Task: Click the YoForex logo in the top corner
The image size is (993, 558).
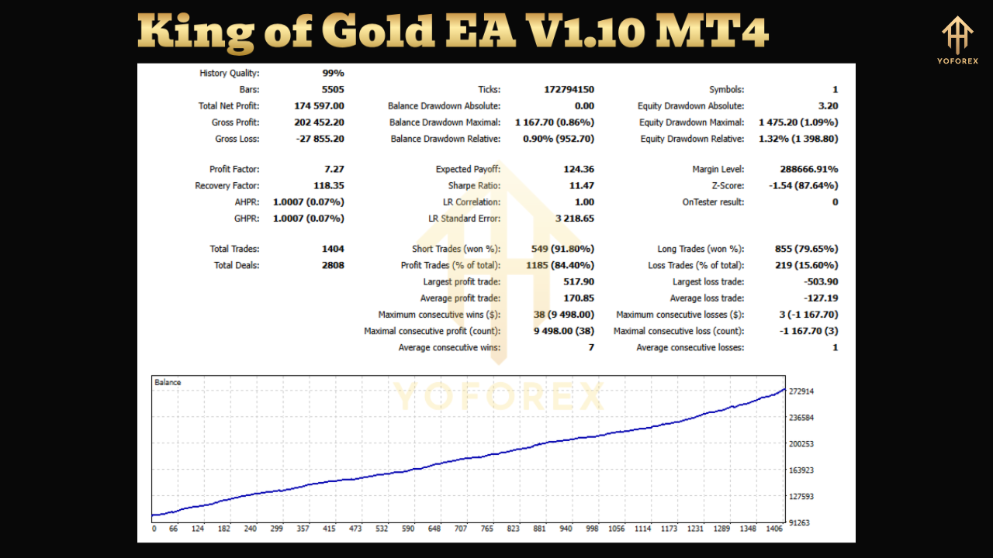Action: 957,40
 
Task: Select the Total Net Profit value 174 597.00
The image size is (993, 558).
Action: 319,106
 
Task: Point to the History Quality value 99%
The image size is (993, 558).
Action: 333,74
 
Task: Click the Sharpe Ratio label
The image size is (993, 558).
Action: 473,186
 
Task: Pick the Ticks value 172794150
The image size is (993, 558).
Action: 569,90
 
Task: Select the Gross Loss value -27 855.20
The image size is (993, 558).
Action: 319,139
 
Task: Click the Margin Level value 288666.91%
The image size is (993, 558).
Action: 808,170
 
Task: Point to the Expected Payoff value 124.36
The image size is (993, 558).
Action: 579,170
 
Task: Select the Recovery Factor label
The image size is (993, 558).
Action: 227,186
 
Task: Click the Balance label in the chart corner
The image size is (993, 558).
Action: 168,383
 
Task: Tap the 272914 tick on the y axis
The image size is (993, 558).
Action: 801,391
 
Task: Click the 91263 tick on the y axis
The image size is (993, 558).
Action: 801,522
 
